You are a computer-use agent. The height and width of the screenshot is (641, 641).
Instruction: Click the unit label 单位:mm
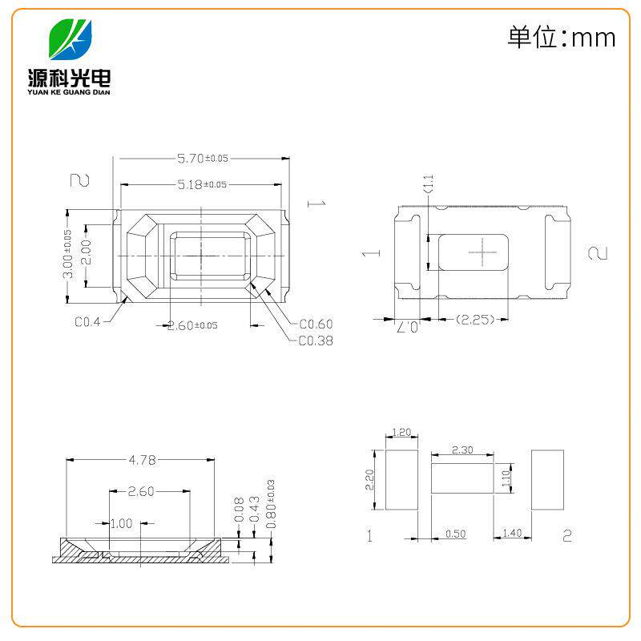click(x=561, y=37)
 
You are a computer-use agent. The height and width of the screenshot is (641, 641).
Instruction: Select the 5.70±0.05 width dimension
click(x=203, y=159)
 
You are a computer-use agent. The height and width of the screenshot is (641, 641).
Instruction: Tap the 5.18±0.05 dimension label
click(x=202, y=184)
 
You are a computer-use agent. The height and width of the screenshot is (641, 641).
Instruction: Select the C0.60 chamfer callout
click(x=315, y=325)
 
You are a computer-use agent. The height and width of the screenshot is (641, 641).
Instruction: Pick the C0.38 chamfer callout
click(x=315, y=341)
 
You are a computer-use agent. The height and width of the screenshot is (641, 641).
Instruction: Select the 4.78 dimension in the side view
click(x=141, y=460)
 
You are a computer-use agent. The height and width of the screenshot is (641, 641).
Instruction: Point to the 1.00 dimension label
click(x=121, y=524)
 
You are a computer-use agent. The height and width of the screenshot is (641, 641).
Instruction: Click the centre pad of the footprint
click(x=462, y=479)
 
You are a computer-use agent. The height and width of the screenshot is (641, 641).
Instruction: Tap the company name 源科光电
click(x=71, y=77)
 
